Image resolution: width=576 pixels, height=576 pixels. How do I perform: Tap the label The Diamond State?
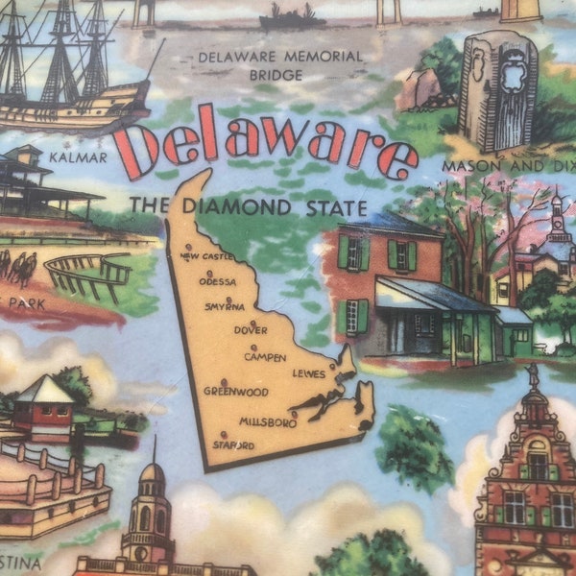pyautogui.click(x=249, y=206)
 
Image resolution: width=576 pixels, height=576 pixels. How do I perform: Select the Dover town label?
pyautogui.click(x=251, y=329)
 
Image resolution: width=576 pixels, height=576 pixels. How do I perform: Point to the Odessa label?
pyautogui.click(x=218, y=281)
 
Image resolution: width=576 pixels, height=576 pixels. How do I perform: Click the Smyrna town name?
pyautogui.click(x=225, y=307)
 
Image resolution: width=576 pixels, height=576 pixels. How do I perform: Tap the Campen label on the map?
pyautogui.click(x=265, y=357)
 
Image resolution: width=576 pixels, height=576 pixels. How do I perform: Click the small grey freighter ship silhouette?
pyautogui.click(x=292, y=17)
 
